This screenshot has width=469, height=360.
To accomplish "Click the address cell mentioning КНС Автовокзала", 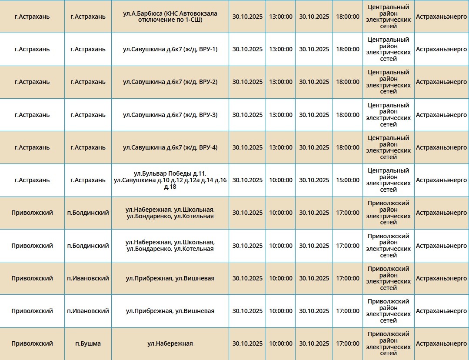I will pyautogui.click(x=170, y=17).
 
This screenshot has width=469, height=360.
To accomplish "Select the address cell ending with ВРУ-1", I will pyautogui.click(x=170, y=49).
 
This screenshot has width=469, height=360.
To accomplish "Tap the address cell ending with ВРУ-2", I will pyautogui.click(x=170, y=82).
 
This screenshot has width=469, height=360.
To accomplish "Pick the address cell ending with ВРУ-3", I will pyautogui.click(x=170, y=115).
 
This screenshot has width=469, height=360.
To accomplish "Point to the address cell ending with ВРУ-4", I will pyautogui.click(x=170, y=147).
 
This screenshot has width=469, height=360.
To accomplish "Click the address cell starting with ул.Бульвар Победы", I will pyautogui.click(x=170, y=180).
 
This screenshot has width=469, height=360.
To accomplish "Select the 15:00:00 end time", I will pyautogui.click(x=348, y=180).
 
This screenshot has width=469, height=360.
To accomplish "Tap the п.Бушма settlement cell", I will pyautogui.click(x=88, y=343).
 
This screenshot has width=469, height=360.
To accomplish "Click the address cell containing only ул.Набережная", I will pyautogui.click(x=170, y=343).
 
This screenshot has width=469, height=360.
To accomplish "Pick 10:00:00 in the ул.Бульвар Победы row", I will pyautogui.click(x=281, y=180).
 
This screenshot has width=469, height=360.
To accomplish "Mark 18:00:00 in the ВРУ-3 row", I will pyautogui.click(x=348, y=115).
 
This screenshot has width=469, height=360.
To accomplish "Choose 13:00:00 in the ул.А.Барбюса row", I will pyautogui.click(x=281, y=17).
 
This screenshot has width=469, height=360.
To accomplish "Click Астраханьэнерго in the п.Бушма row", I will pyautogui.click(x=441, y=343).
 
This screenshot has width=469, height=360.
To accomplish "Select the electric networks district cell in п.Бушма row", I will pyautogui.click(x=388, y=343).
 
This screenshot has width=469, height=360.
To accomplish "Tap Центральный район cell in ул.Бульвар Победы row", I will pyautogui.click(x=388, y=180).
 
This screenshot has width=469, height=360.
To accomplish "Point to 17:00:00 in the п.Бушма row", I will pyautogui.click(x=348, y=343).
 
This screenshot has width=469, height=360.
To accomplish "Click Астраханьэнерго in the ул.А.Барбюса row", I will pyautogui.click(x=441, y=17).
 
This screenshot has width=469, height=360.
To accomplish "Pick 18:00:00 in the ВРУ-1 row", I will pyautogui.click(x=348, y=49).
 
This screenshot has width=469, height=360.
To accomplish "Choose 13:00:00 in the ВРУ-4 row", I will pyautogui.click(x=281, y=147).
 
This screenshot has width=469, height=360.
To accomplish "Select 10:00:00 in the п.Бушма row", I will pyautogui.click(x=281, y=343).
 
